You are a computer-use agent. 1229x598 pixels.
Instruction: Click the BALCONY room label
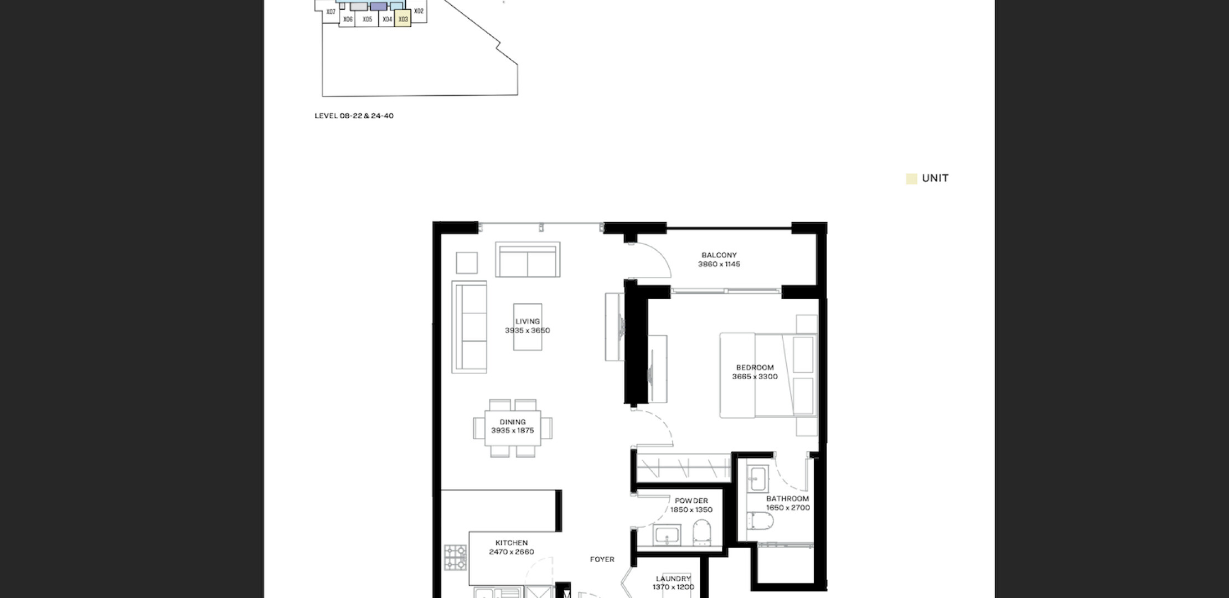(719, 255)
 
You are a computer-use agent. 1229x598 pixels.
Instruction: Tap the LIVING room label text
(527, 322)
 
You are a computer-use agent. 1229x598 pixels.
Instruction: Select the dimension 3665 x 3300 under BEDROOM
(755, 377)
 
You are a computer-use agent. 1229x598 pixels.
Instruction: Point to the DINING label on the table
(513, 422)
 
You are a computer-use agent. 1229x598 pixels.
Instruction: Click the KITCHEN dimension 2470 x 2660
(512, 552)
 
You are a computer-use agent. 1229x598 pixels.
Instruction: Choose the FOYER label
(602, 560)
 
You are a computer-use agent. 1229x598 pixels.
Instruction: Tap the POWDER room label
(691, 501)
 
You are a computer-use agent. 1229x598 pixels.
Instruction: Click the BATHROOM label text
(788, 499)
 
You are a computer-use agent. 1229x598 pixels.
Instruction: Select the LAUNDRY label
(673, 579)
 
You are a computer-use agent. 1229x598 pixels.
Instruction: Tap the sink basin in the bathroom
(757, 478)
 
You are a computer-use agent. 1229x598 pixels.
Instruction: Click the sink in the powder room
(667, 535)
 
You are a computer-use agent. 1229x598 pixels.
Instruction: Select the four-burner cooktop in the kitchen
(456, 558)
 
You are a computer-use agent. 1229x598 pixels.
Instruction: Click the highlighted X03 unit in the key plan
(403, 19)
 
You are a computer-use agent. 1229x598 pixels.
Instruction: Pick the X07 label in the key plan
(331, 12)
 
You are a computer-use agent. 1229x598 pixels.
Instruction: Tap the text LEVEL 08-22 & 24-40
(354, 116)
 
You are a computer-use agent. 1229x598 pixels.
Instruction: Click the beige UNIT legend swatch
(911, 179)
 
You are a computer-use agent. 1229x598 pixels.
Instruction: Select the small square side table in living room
(467, 263)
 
